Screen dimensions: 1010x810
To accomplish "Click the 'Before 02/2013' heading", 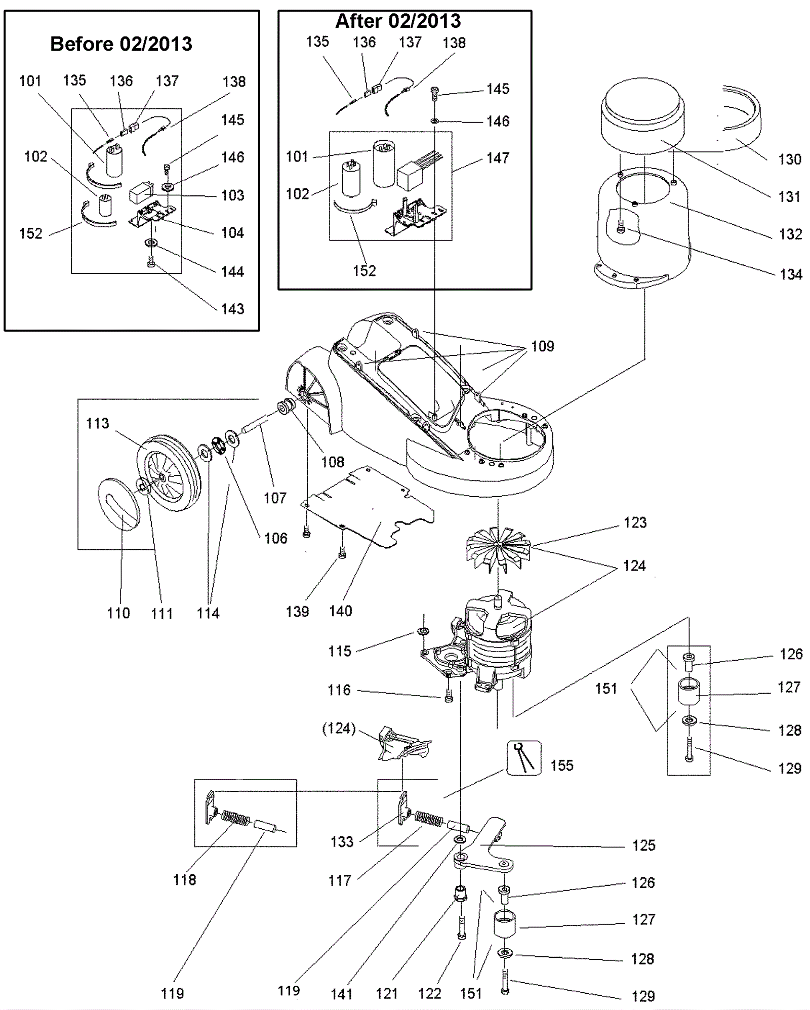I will [x=121, y=44].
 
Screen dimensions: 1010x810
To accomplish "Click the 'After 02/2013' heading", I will [x=398, y=21].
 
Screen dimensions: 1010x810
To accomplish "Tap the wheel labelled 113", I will [x=169, y=473].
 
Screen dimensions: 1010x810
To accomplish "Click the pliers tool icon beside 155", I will [x=524, y=757].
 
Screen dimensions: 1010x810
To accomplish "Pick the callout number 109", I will [x=542, y=346].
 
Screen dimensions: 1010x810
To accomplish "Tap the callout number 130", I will [x=789, y=159].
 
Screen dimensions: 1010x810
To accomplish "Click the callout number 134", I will [x=791, y=275].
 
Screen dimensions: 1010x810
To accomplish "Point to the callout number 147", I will [x=498, y=158].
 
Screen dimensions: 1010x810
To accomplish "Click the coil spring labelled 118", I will [x=236, y=818].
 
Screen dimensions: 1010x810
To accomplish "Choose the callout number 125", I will [x=643, y=845].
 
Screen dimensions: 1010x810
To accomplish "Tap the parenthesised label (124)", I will [x=339, y=729].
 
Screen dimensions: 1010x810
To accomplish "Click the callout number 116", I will [x=339, y=690].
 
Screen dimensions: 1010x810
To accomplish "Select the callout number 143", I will [x=232, y=309].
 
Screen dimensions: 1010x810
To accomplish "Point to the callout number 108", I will [x=332, y=462].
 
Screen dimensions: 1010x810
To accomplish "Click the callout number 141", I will [x=341, y=994].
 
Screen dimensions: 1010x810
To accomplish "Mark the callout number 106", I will [x=275, y=538].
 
